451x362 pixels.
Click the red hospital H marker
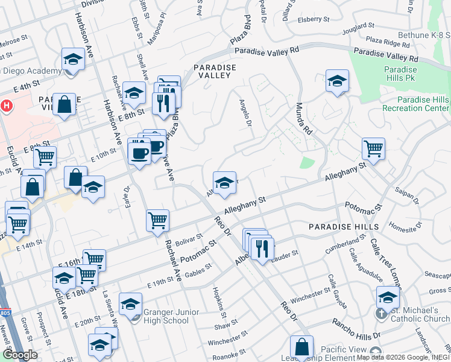(6, 106)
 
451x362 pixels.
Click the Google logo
(20, 355)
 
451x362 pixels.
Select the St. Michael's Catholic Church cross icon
(381, 314)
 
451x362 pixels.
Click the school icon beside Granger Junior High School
(130, 305)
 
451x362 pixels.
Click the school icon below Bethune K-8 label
(337, 80)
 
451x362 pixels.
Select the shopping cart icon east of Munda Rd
(374, 148)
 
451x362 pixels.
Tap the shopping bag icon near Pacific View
(301, 347)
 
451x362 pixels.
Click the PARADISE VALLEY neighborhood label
(212, 71)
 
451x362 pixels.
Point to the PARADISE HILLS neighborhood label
(343, 227)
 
